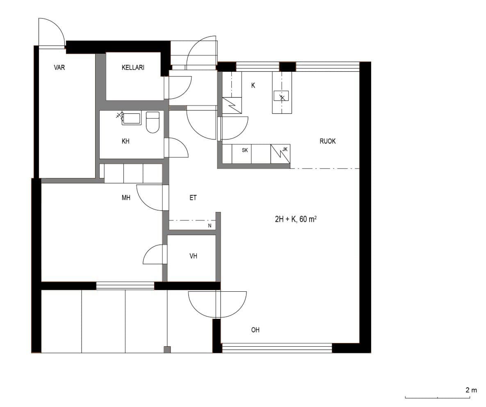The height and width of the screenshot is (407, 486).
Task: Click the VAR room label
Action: (59, 67)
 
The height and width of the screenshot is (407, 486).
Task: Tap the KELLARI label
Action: (133, 67)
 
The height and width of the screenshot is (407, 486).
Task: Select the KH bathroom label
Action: (125, 142)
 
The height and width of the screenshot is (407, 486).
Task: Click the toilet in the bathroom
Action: (153, 122)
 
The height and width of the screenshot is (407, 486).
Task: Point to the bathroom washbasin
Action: (131, 119)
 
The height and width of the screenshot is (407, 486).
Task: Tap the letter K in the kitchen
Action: (253, 86)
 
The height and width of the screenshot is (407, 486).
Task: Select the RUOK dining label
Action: (328, 142)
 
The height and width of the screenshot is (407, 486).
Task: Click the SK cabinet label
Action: (245, 150)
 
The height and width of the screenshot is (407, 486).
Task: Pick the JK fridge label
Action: (285, 149)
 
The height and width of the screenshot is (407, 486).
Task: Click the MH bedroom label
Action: (126, 197)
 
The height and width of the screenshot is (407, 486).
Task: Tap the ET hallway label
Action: (193, 197)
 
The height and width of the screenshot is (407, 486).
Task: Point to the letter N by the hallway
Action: (210, 226)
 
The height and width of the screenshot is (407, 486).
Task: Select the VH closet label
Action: (194, 256)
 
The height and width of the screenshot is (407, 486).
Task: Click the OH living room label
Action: (256, 330)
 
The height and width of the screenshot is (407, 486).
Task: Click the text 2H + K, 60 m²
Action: (296, 219)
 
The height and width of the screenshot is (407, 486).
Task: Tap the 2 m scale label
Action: (471, 390)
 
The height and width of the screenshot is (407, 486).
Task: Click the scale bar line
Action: (437, 398)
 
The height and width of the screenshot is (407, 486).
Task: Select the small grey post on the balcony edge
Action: (167, 350)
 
